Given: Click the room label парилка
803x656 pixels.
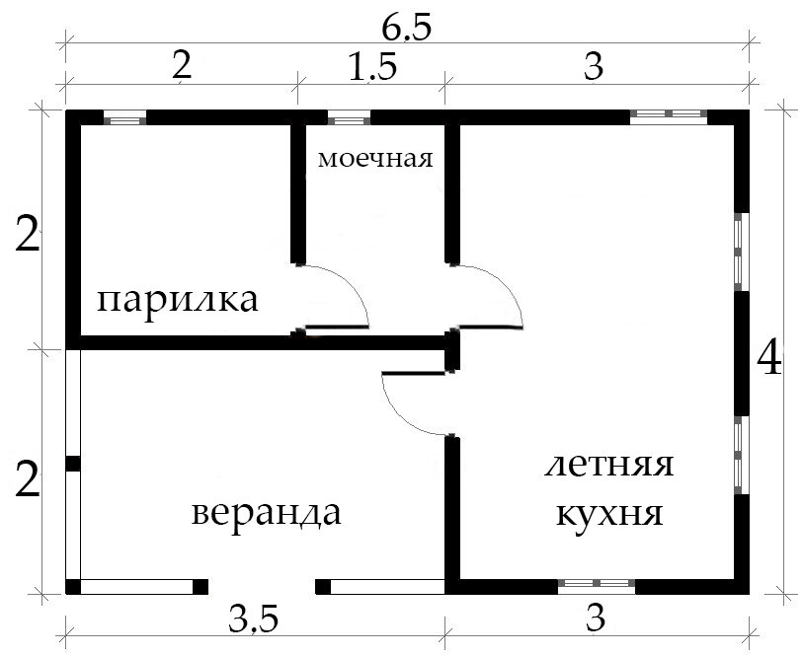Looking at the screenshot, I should [x=179, y=300].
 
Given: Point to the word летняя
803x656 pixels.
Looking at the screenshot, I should [x=608, y=466].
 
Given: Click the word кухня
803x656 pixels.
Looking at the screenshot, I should [x=608, y=514].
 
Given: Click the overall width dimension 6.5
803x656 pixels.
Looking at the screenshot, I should [x=405, y=30].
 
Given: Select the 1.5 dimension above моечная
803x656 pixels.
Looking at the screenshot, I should [x=372, y=69].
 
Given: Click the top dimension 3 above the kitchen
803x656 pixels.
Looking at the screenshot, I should [x=593, y=69].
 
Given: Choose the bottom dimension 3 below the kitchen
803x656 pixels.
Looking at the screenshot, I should [x=595, y=620].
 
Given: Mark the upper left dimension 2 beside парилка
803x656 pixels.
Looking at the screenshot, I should [x=29, y=238].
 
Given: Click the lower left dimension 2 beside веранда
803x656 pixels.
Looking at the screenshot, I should [x=29, y=482].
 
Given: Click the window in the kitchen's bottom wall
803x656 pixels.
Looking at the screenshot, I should [x=597, y=584].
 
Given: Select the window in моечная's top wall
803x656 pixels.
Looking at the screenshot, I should [x=349, y=120].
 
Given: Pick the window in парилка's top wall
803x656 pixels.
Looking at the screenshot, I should [x=125, y=120].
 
